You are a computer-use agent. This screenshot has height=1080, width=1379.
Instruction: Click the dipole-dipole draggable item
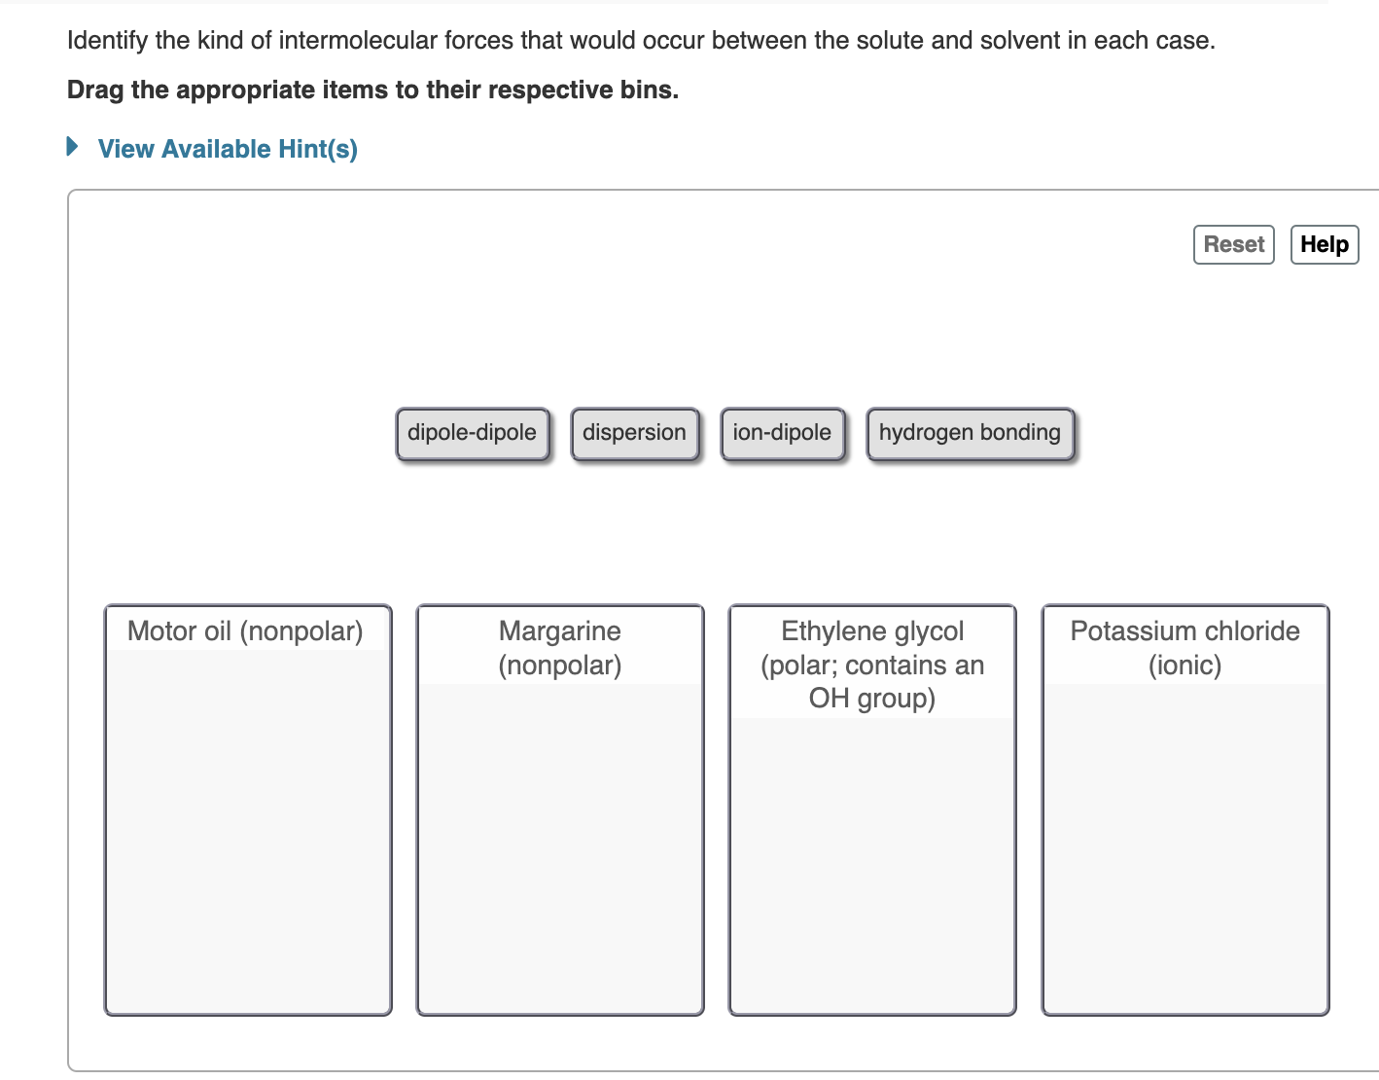tap(472, 433)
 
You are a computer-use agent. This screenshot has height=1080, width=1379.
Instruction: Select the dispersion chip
tap(634, 433)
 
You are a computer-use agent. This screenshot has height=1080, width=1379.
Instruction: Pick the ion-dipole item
tap(782, 433)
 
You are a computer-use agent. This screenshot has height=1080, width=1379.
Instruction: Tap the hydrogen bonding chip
tap(970, 433)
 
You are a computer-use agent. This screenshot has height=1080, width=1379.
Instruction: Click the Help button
tap(1324, 244)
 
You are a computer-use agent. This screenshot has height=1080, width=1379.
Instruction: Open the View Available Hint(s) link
tap(228, 149)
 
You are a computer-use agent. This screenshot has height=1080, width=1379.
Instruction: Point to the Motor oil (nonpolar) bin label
tap(245, 631)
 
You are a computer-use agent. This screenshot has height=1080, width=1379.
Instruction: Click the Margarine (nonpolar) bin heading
tap(560, 648)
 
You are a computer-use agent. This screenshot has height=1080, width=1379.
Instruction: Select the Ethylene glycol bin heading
tap(872, 631)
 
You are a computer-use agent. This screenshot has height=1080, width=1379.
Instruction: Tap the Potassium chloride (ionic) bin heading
tap(1185, 632)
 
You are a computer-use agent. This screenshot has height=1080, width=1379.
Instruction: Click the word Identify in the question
tap(107, 41)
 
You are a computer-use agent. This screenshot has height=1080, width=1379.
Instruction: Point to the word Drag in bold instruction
tap(94, 90)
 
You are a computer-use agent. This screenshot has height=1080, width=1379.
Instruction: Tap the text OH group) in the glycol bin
tap(872, 699)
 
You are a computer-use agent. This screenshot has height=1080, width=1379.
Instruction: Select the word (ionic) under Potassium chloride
tap(1185, 666)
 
